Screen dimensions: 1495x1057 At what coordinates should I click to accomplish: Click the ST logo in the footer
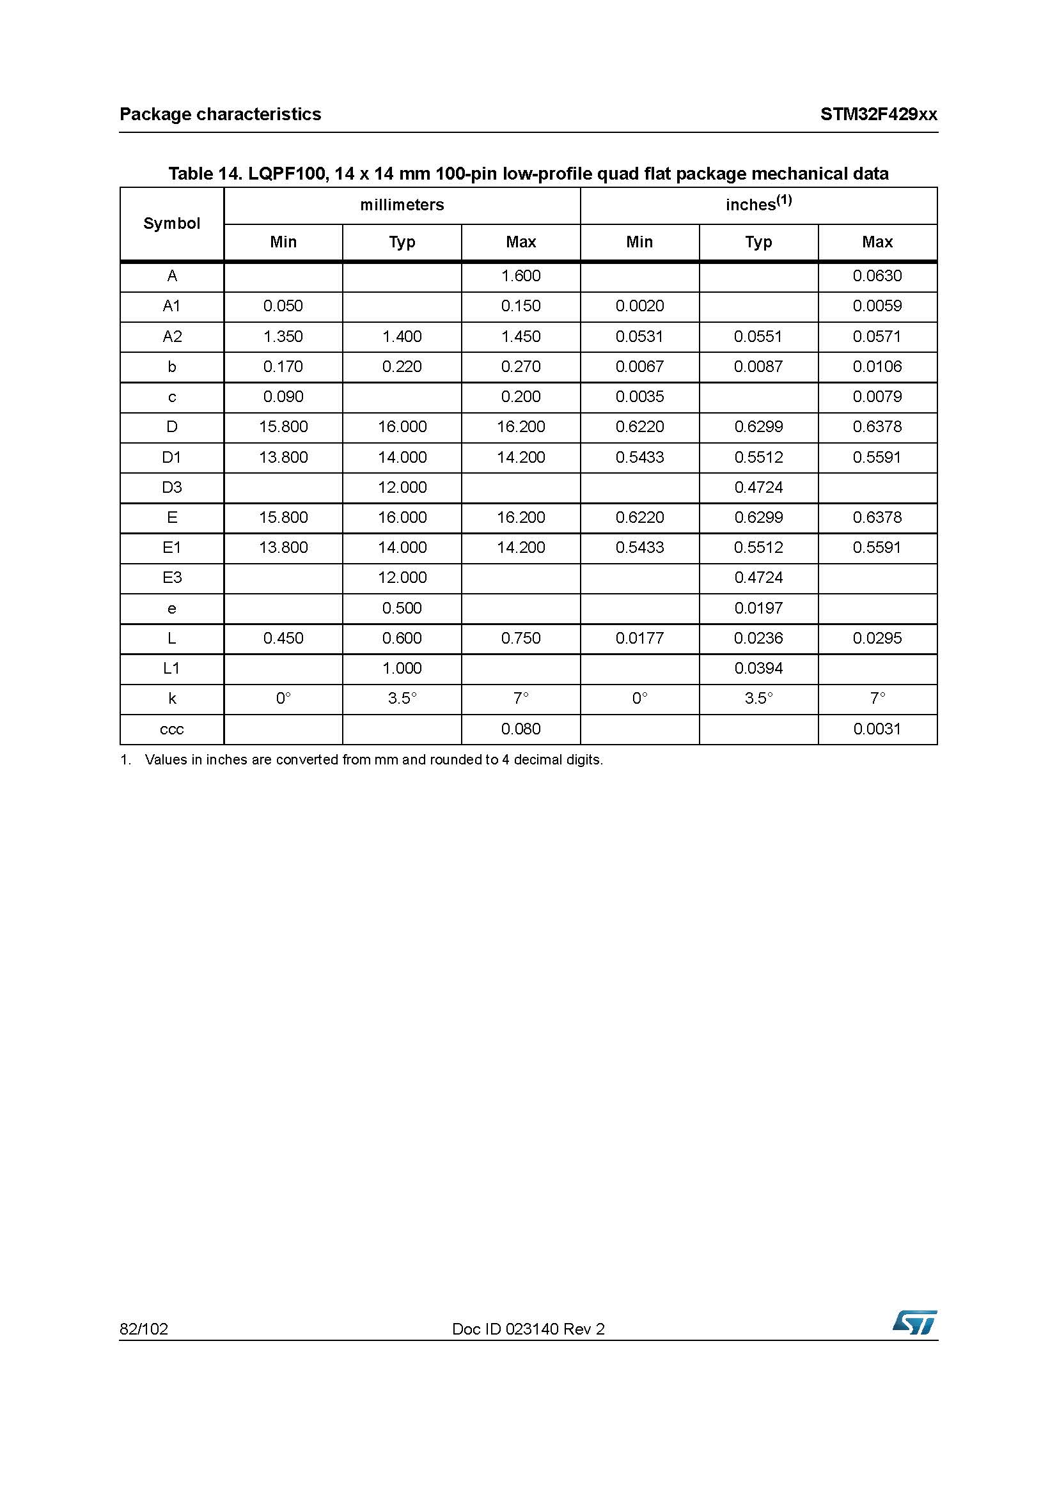[x=914, y=1322]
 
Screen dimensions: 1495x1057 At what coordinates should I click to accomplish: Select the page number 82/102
[x=143, y=1329]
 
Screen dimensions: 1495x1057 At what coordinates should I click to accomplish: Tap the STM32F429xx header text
[x=878, y=114]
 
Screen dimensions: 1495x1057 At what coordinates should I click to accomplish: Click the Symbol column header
[x=172, y=223]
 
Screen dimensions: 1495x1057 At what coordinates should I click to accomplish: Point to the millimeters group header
[x=402, y=205]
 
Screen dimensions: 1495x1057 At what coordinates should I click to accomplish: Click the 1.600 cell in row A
[x=521, y=276]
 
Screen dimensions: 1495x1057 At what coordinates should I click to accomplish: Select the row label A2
[x=172, y=337]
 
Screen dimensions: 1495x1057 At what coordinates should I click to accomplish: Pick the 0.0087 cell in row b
[x=758, y=367]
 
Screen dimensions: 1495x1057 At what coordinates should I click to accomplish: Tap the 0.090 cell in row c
[x=283, y=396]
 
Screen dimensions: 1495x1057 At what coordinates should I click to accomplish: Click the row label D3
[x=172, y=487]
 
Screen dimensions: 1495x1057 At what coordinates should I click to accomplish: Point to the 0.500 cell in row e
[x=402, y=608]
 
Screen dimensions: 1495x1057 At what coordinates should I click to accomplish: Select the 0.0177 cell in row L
[x=639, y=638]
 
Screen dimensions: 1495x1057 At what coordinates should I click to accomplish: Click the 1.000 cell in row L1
[x=402, y=668]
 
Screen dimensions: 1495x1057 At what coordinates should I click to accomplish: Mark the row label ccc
[x=172, y=729]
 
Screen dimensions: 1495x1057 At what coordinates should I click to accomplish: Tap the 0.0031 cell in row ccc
[x=877, y=729]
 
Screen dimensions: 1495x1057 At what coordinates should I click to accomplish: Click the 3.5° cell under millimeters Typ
[x=402, y=699]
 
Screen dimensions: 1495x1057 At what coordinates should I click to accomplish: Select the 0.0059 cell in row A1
[x=877, y=306]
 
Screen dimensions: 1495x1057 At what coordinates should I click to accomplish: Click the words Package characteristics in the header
[x=220, y=114]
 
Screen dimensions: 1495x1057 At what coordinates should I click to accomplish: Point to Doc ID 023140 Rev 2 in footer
[x=528, y=1329]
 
